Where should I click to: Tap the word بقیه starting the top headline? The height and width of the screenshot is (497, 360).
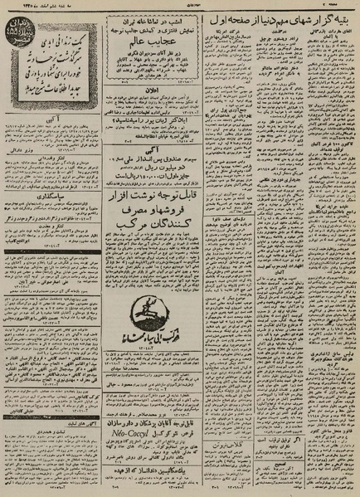point(341,17)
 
